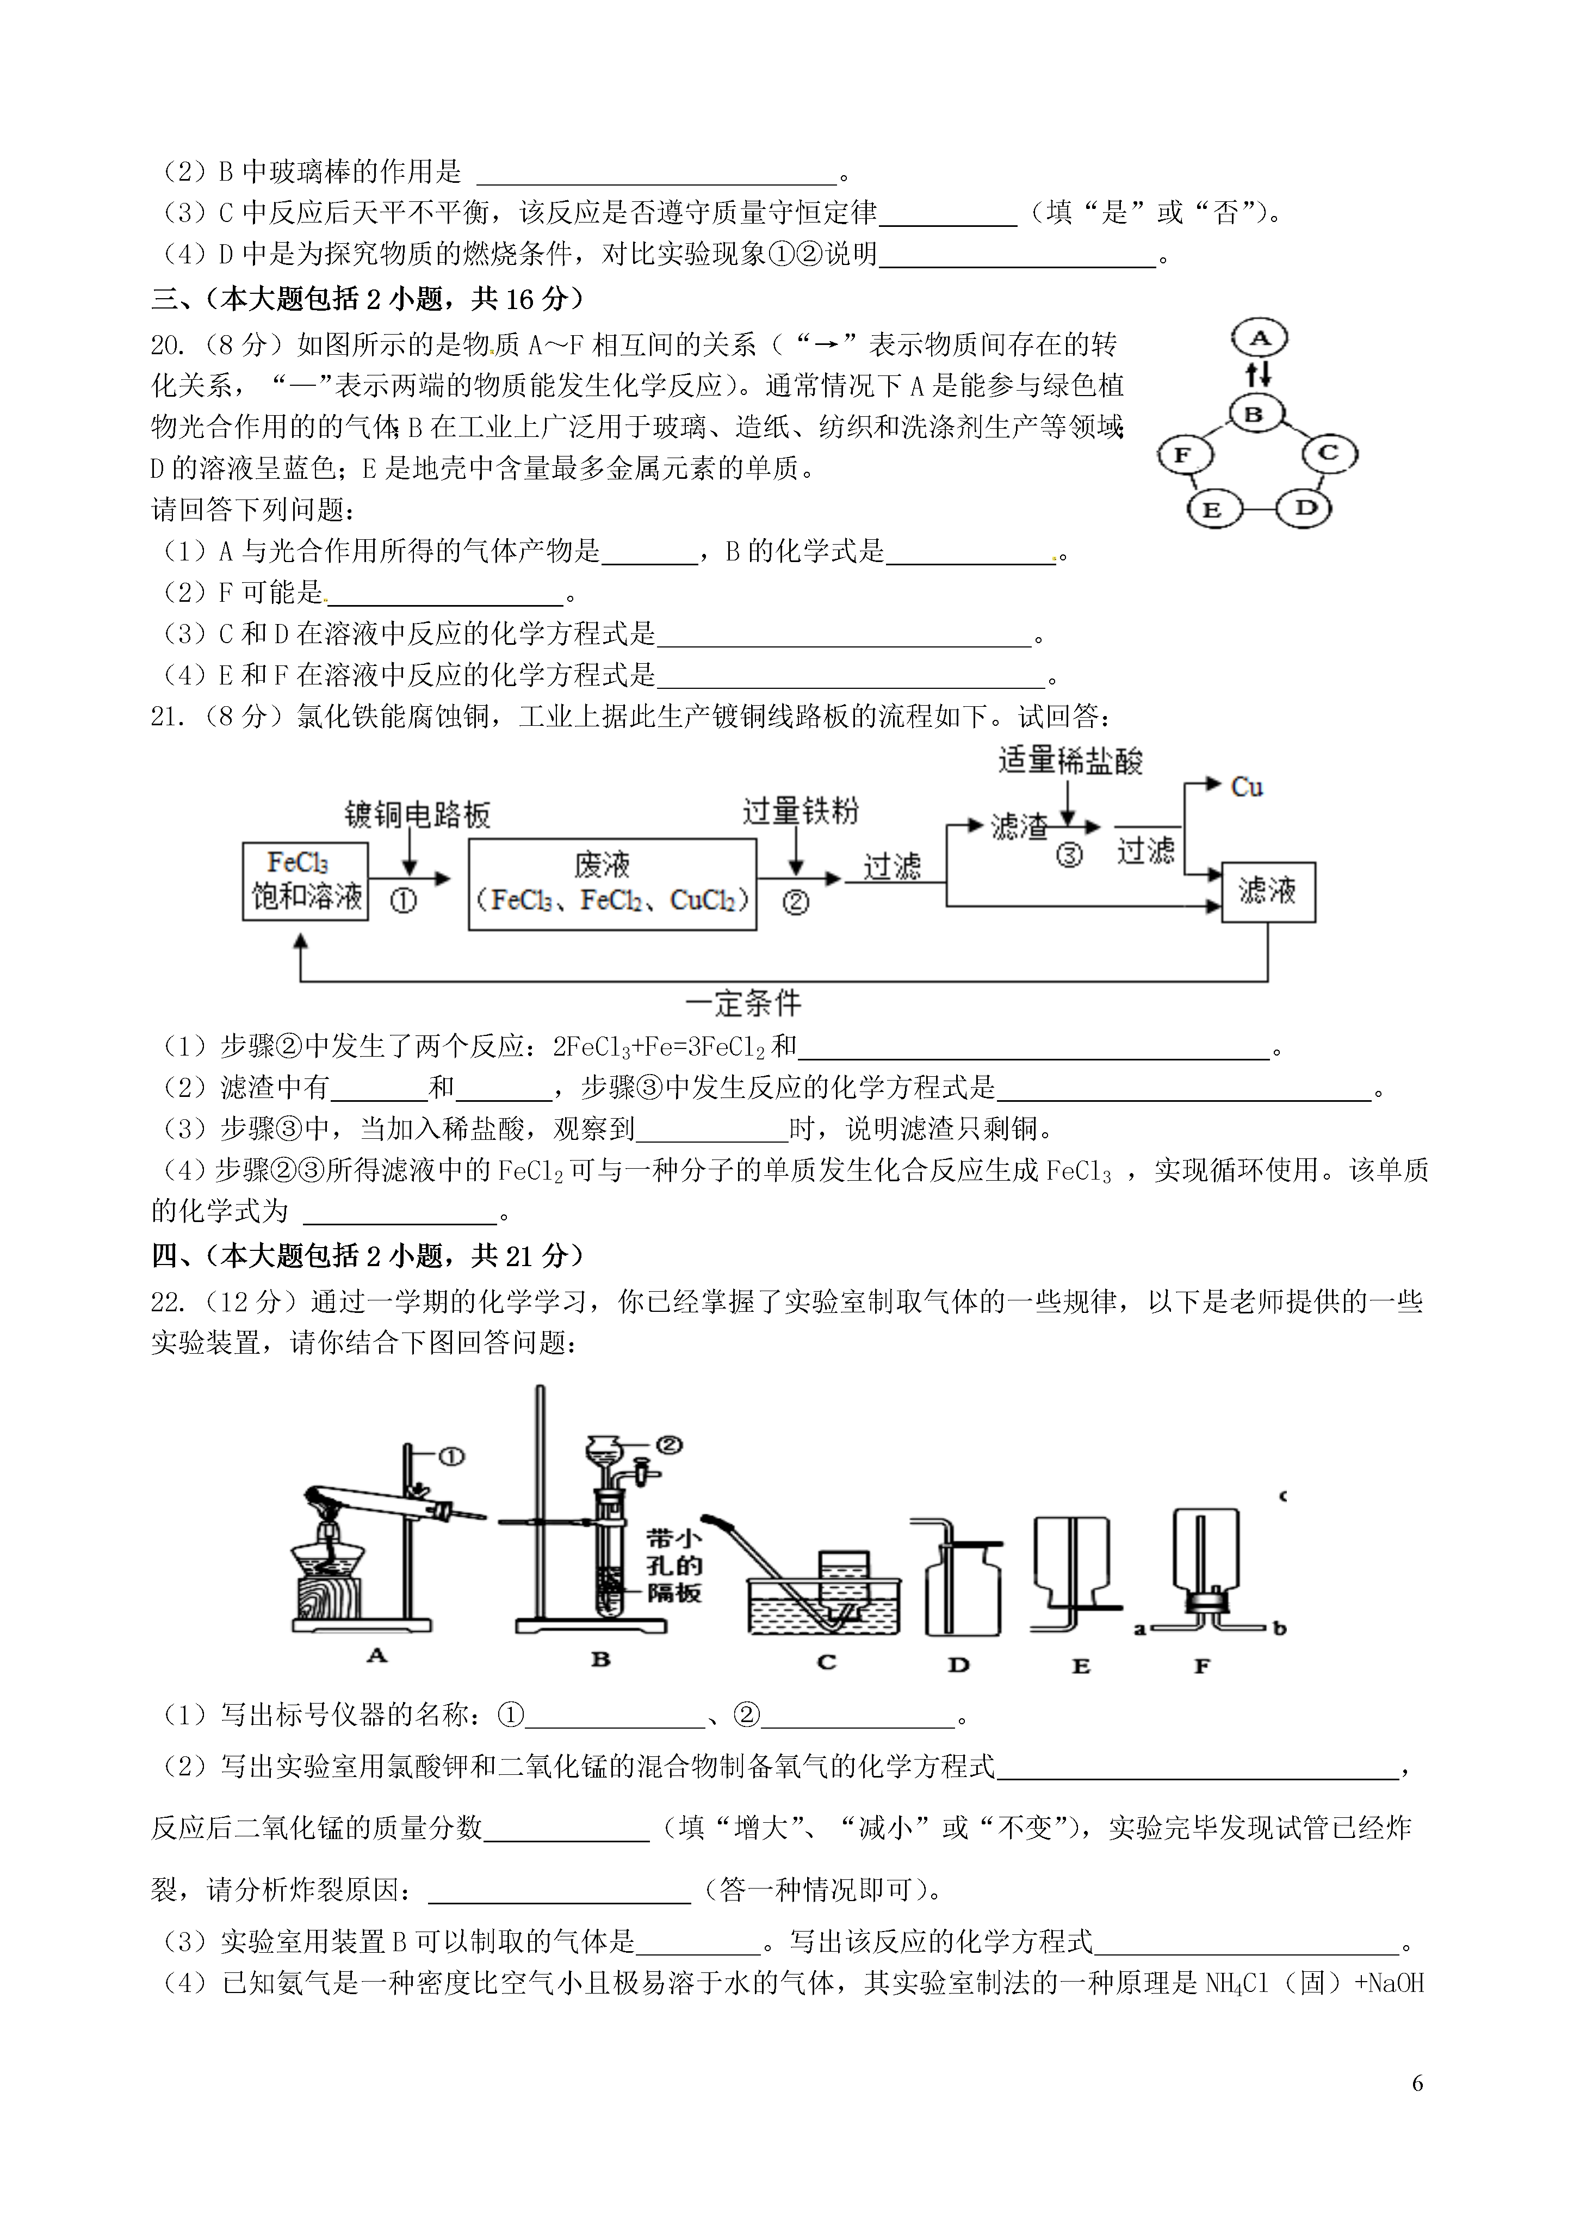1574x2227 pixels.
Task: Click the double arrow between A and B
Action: [x=1258, y=374]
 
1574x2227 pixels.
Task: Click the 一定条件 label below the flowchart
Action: [x=744, y=1003]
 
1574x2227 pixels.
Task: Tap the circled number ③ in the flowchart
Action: [x=1069, y=855]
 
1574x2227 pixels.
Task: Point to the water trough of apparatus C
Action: [x=825, y=1607]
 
